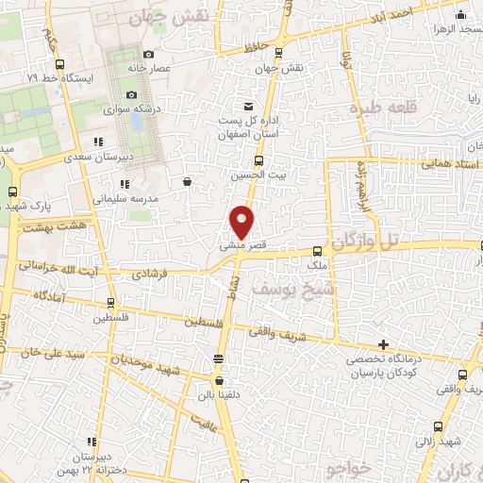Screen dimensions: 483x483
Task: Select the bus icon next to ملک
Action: tap(317, 252)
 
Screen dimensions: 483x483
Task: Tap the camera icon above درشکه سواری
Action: tap(131, 95)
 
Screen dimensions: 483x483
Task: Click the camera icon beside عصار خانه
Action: tap(149, 54)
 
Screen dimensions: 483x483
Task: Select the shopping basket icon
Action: tap(188, 181)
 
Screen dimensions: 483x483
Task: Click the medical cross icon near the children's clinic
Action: tap(382, 344)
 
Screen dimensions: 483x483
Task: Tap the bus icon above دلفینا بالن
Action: tap(219, 358)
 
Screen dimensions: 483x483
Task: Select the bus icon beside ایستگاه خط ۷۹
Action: tap(59, 65)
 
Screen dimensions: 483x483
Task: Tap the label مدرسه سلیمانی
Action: tap(124, 199)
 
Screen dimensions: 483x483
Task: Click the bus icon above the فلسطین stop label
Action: tap(111, 304)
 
